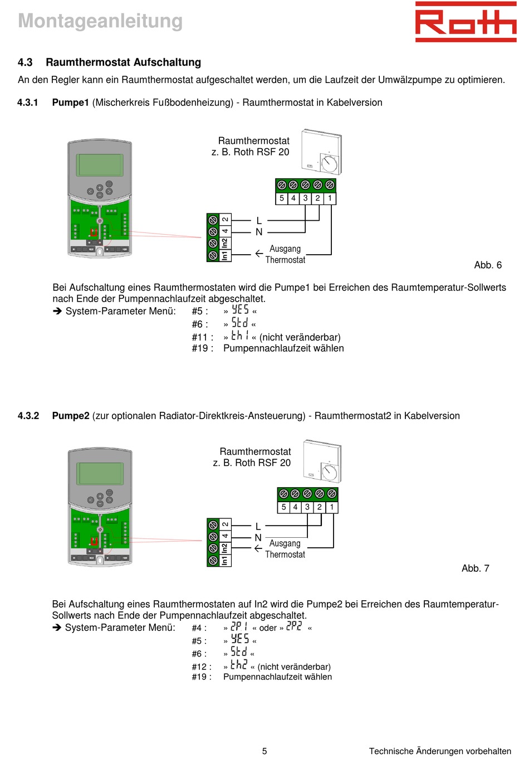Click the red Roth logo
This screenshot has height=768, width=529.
[x=466, y=22]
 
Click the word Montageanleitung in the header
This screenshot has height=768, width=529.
[x=100, y=21]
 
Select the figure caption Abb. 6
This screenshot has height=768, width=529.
[x=488, y=265]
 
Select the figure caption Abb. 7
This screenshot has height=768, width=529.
[x=475, y=568]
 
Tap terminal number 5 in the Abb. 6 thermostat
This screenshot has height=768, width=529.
[x=282, y=198]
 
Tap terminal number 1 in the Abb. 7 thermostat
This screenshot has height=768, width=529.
[x=332, y=507]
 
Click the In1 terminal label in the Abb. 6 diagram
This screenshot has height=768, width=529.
[x=225, y=255]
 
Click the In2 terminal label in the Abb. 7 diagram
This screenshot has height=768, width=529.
[x=224, y=548]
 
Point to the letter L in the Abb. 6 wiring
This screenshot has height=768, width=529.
[x=259, y=221]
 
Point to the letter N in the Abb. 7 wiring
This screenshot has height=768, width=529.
[x=258, y=538]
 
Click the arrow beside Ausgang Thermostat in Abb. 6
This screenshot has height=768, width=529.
[x=259, y=254]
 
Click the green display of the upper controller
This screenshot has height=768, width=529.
[x=100, y=165]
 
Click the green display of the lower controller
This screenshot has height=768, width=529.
[x=100, y=474]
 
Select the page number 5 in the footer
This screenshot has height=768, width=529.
[x=264, y=751]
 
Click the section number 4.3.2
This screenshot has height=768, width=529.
[x=28, y=416]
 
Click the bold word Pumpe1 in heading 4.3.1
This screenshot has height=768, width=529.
[x=71, y=103]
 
